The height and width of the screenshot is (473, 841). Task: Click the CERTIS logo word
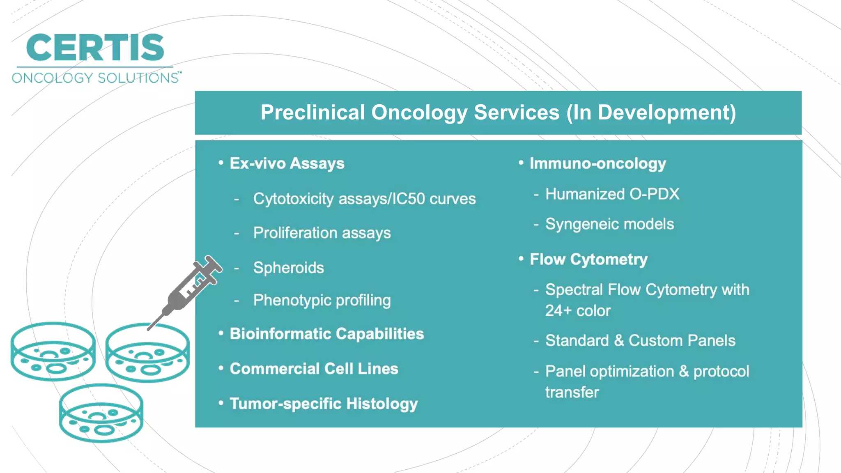click(x=95, y=48)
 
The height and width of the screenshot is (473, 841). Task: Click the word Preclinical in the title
click(x=313, y=113)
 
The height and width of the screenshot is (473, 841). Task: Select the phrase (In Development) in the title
click(x=651, y=113)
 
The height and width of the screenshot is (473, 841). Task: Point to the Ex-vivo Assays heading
click(x=287, y=163)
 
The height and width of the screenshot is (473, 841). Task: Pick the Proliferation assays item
click(x=322, y=233)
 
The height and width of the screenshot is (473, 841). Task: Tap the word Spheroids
click(x=288, y=268)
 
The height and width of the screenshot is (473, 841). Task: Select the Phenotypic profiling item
click(x=322, y=300)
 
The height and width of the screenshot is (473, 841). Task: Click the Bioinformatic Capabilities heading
click(x=326, y=334)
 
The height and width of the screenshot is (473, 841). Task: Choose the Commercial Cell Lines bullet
click(x=314, y=369)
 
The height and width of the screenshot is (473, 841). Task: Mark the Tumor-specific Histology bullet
click(x=323, y=404)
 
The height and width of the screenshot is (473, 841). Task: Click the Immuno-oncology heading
click(x=597, y=163)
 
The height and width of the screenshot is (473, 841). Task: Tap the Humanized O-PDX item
click(x=612, y=194)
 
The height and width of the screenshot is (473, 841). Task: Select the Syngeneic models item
click(x=609, y=224)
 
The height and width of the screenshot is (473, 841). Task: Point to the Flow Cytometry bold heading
click(x=588, y=259)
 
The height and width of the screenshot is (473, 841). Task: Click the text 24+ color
click(x=578, y=311)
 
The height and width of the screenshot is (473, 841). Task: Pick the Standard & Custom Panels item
click(x=640, y=341)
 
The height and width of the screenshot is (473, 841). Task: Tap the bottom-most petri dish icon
click(x=101, y=413)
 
